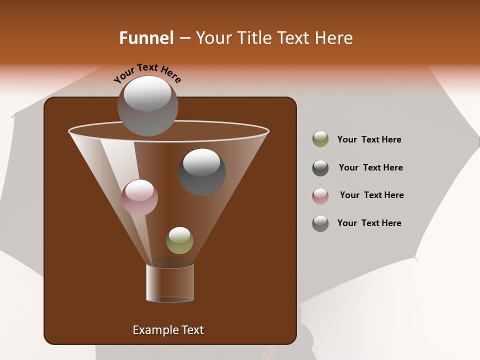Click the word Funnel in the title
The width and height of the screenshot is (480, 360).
pos(146,38)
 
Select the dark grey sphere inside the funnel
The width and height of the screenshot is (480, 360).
pos(201,172)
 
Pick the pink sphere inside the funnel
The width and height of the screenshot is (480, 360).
pos(139,197)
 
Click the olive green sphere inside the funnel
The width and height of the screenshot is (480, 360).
pos(179,240)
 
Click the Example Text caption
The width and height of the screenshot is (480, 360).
pos(168,330)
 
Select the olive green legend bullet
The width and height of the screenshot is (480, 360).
pos(320,139)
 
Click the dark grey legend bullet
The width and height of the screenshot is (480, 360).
pos(320,168)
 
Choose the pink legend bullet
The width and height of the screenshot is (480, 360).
pos(320,196)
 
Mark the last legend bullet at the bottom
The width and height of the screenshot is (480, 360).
pos(320,223)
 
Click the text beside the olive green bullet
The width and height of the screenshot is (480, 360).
pos(369,139)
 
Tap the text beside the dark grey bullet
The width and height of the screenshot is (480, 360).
pos(370,167)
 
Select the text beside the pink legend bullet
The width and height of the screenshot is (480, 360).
pos(371,195)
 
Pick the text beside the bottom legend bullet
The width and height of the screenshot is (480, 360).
pos(369,223)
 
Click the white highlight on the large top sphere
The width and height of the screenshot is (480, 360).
pos(147,93)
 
